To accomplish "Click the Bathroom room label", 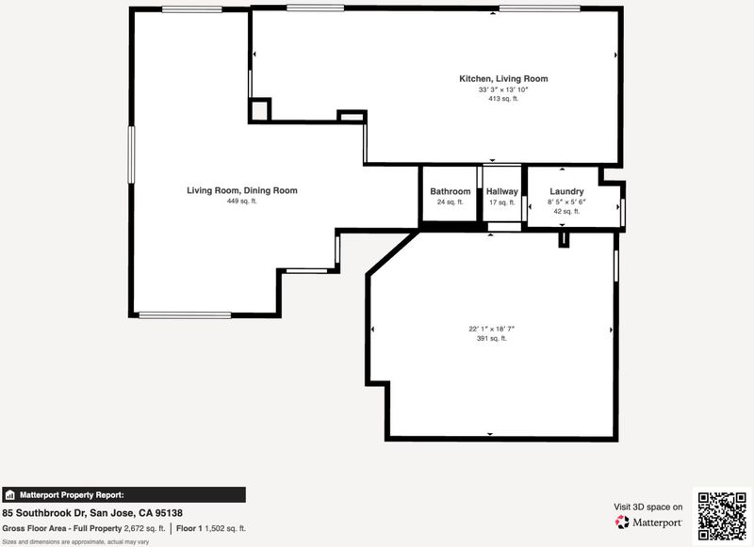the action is coord(451,191).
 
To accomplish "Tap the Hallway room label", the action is coord(502,191).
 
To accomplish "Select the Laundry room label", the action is coord(566,191).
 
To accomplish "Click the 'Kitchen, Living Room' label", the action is coord(503,79).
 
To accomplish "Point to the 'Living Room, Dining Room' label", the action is coord(242,190).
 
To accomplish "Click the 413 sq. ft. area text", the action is coord(503,99).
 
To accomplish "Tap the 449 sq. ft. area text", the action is coord(242,201).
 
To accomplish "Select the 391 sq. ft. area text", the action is coord(491,339).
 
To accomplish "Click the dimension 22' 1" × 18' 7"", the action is coord(491,329).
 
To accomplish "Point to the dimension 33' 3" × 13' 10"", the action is coord(503,89).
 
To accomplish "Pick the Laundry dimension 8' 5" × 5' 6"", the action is coord(566,202).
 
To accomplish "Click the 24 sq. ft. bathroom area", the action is coord(451,202).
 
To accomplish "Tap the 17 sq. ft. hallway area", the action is coord(502,202).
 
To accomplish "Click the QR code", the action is coord(722,516).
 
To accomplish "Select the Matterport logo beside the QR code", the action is coord(648,522).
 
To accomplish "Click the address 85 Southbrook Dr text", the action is coord(43,513).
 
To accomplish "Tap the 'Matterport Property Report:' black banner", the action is coord(124,494).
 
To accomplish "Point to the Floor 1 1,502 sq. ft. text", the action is coord(210,529).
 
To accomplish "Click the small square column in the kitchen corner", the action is coord(260,110).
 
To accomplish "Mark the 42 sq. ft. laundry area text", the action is coord(566,211).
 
